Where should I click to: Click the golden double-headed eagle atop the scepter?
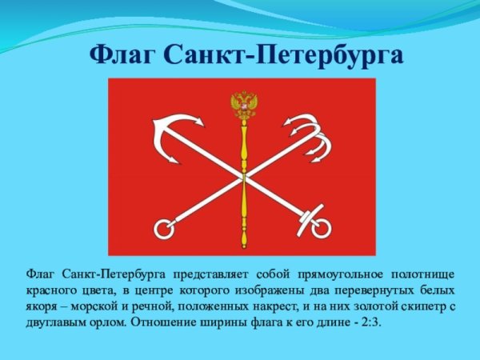coord(244,105)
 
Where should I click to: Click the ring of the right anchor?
coord(322,229)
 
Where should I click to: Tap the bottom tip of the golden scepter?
coord(244,248)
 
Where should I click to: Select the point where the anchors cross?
coord(244,178)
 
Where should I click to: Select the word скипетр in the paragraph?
coord(423,306)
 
